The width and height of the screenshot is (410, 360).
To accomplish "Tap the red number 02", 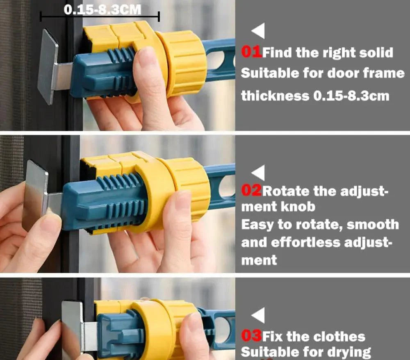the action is (251, 191).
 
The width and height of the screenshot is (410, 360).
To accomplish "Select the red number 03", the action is (251, 336).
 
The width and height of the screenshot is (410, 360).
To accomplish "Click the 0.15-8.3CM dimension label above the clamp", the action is (102, 10).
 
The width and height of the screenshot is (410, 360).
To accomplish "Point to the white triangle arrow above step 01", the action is (258, 31).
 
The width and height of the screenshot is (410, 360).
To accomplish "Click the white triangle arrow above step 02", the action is (258, 173).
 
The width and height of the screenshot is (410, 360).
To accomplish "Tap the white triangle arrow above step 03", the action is (258, 315).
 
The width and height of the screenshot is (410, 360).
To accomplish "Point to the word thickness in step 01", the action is (275, 96).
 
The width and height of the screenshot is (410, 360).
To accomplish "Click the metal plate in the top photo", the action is (48, 67).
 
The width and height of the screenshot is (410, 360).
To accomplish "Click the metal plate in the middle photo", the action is (35, 196).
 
